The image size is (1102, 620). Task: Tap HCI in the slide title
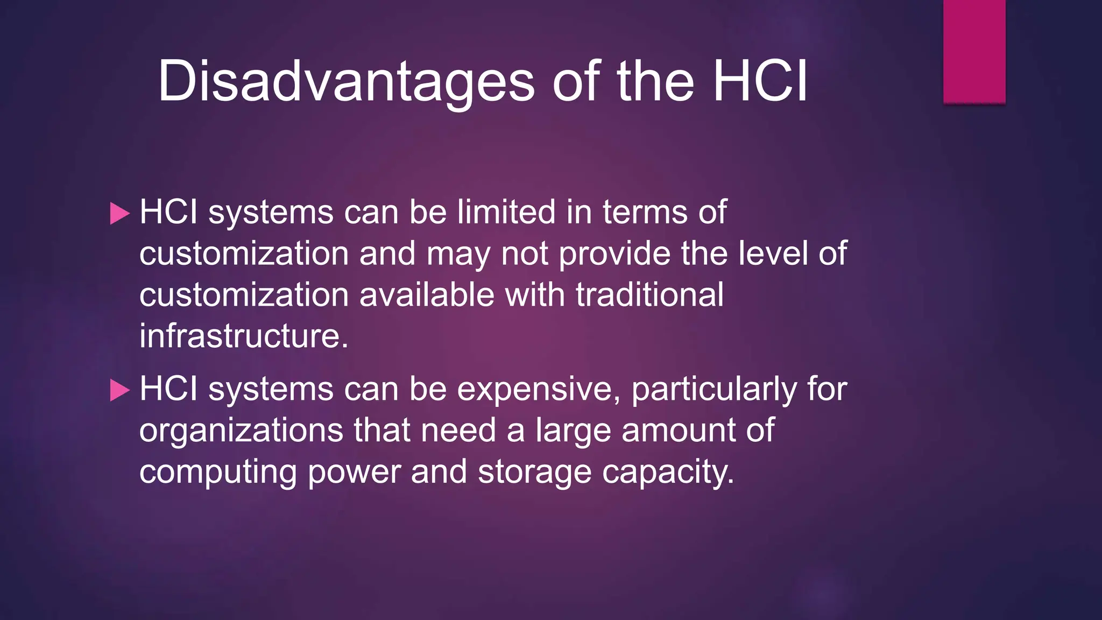click(x=760, y=82)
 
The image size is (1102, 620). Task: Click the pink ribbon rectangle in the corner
click(x=974, y=51)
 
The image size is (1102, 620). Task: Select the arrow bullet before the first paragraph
click(x=119, y=213)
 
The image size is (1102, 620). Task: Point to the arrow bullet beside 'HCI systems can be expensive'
click(x=119, y=390)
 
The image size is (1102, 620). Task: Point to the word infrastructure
click(x=244, y=336)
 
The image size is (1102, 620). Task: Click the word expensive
click(x=539, y=389)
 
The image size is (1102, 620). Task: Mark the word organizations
click(x=241, y=431)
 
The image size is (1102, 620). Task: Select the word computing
click(x=218, y=473)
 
